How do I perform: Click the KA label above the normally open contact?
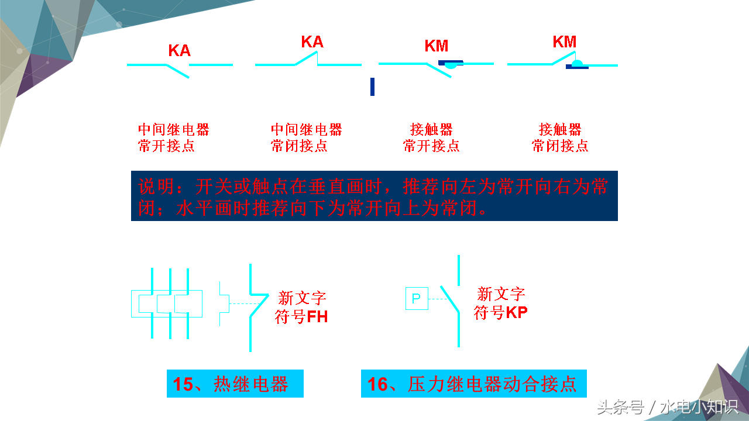pyautogui.click(x=179, y=50)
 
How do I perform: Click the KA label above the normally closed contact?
pyautogui.click(x=312, y=42)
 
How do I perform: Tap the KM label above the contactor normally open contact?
pyautogui.click(x=437, y=46)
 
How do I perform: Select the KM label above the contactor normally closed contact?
pyautogui.click(x=565, y=42)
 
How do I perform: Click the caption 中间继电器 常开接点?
pyautogui.click(x=173, y=137)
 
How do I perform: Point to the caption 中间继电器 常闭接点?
pyautogui.click(x=306, y=137)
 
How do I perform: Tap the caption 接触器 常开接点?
pyautogui.click(x=431, y=137)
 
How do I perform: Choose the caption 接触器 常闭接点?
pyautogui.click(x=560, y=137)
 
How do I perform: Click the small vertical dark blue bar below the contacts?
pyautogui.click(x=372, y=87)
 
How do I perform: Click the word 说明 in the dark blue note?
pyautogui.click(x=157, y=187)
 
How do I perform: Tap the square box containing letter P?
pyautogui.click(x=417, y=298)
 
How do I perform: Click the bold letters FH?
pyautogui.click(x=317, y=318)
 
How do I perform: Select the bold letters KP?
pyautogui.click(x=517, y=312)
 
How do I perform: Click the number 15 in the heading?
pyautogui.click(x=183, y=384)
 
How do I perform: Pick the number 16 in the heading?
pyautogui.click(x=377, y=384)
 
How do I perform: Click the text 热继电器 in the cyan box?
pyautogui.click(x=251, y=384)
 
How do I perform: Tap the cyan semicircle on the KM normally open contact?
pyautogui.click(x=450, y=67)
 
